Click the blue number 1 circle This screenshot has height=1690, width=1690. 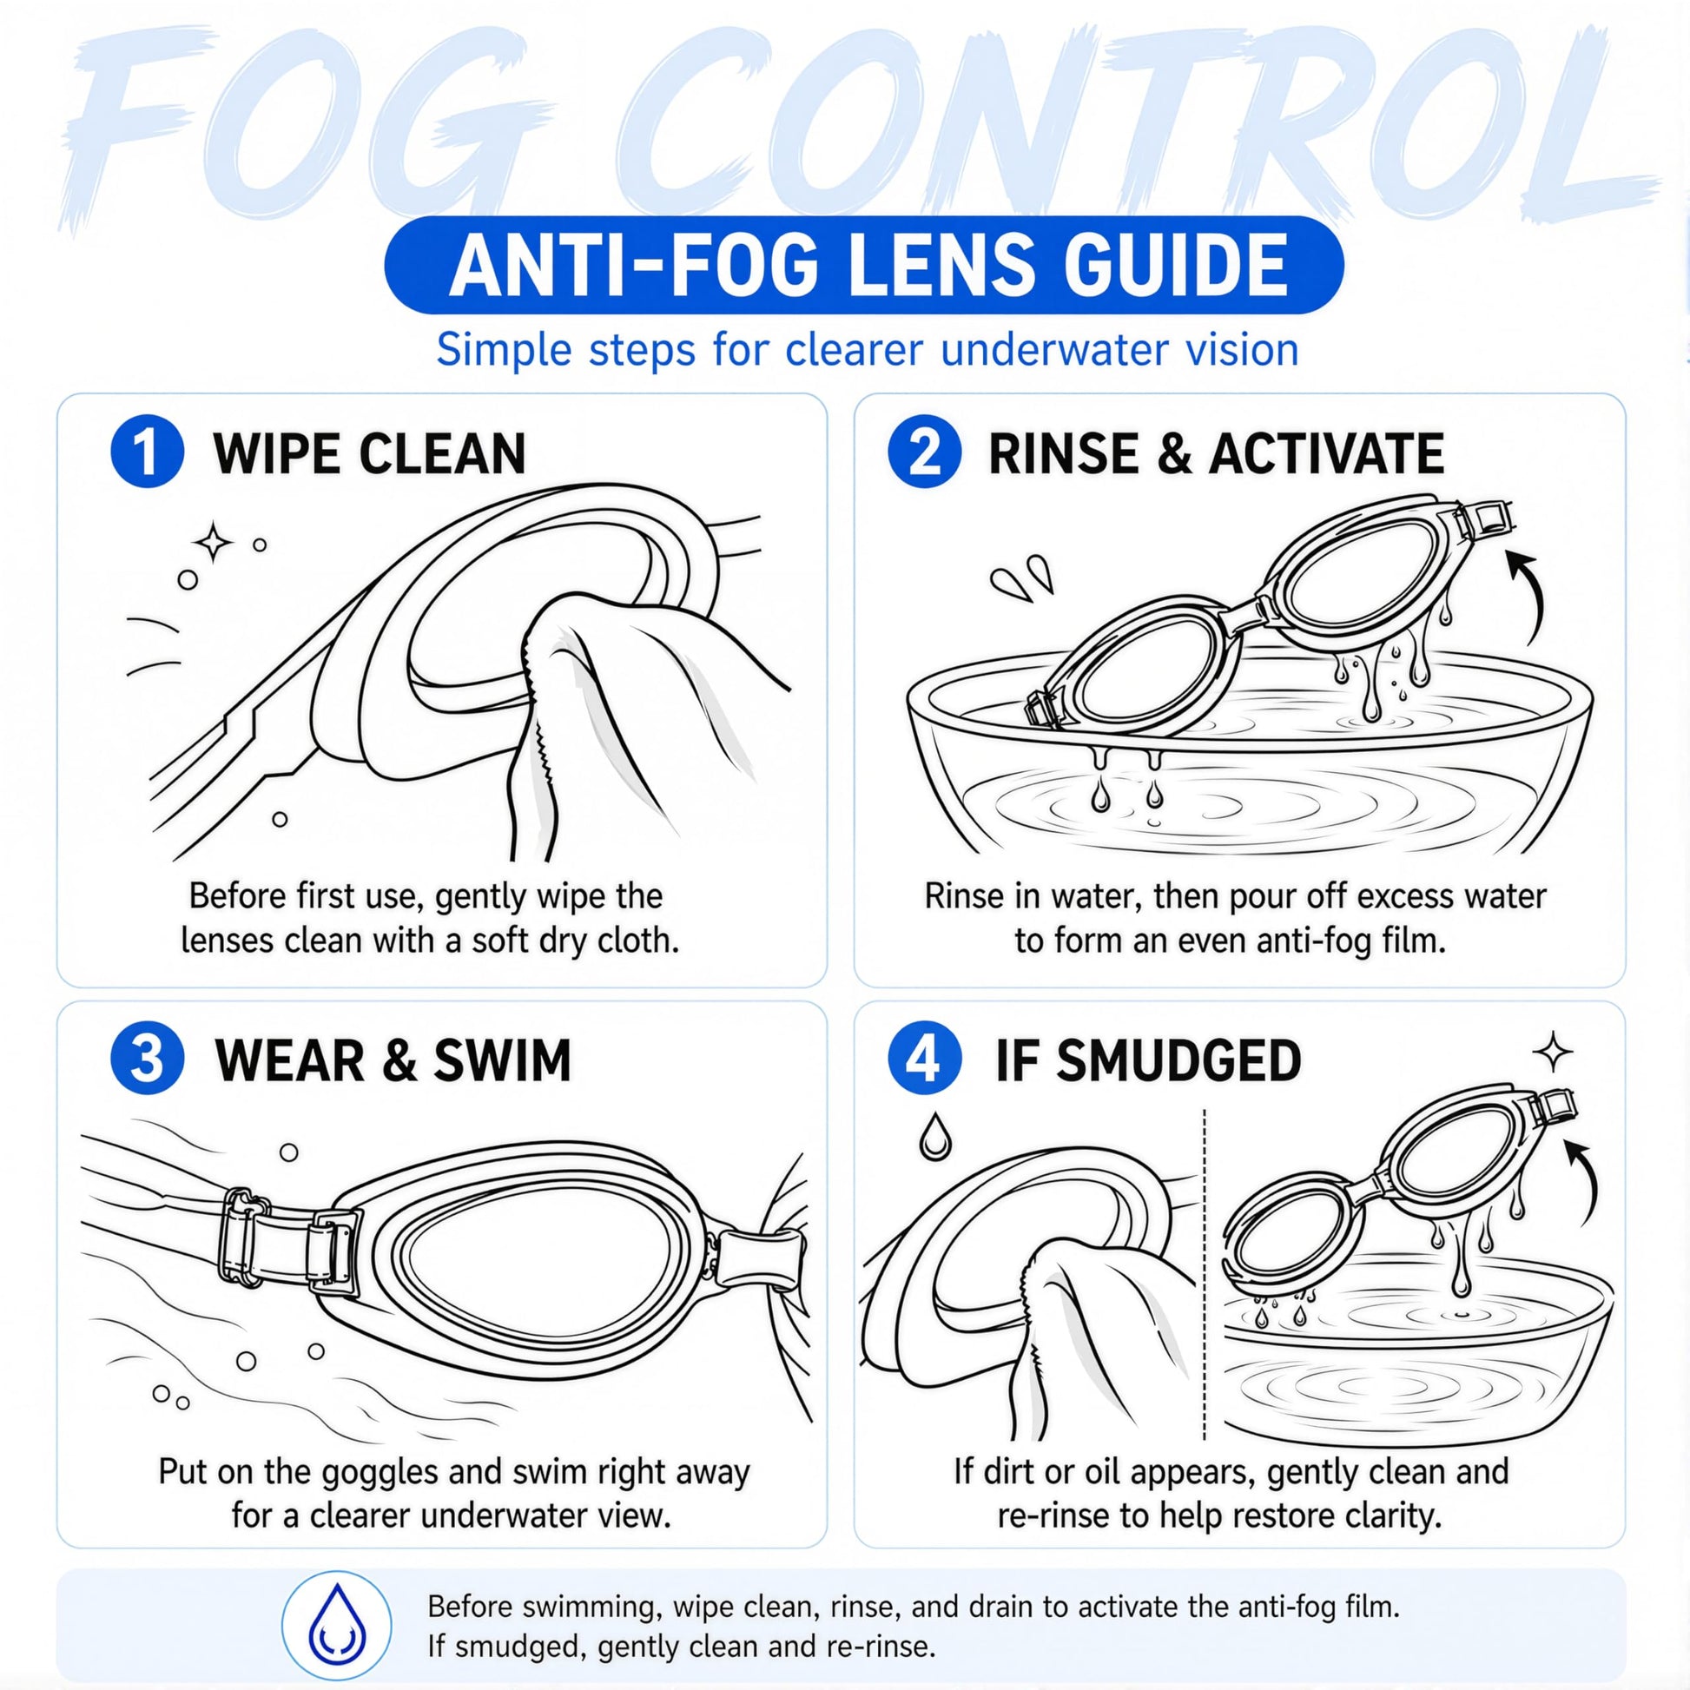point(147,452)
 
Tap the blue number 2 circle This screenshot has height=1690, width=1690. point(925,452)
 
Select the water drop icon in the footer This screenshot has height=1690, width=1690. point(336,1621)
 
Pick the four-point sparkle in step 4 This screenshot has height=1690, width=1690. point(1554,1052)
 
